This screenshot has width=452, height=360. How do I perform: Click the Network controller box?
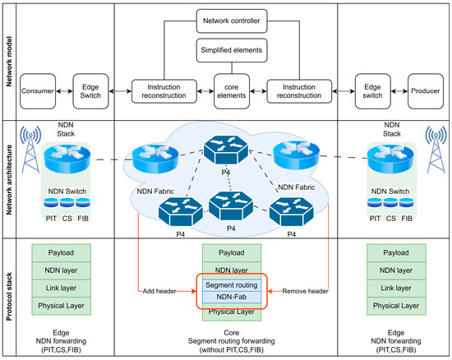click(232, 21)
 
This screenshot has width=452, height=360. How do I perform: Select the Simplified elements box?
click(232, 50)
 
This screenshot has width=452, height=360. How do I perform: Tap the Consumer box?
click(38, 91)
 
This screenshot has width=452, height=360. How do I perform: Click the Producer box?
click(426, 91)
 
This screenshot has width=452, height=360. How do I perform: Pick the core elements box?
click(232, 91)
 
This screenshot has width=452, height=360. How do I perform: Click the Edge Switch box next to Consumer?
click(90, 91)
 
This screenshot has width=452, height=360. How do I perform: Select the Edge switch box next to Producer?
click(373, 91)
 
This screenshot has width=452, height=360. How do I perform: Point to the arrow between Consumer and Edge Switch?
click(64, 91)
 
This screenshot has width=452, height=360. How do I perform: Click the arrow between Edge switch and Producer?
click(399, 91)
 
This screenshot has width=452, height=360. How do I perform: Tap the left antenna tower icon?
click(30, 150)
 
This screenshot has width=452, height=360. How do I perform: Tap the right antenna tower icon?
click(436, 150)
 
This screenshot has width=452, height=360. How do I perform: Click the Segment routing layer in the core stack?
click(232, 285)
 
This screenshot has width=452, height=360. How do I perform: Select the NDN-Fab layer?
click(232, 297)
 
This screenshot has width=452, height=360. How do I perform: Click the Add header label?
click(159, 291)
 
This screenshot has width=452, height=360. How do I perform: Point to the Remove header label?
click(305, 291)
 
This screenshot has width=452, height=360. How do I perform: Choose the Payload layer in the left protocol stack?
click(61, 253)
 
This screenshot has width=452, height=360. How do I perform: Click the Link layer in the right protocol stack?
click(396, 288)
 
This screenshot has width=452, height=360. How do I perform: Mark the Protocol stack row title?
click(9, 297)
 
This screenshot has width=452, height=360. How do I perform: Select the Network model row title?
click(9, 62)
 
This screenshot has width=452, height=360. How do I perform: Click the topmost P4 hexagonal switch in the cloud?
click(226, 150)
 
